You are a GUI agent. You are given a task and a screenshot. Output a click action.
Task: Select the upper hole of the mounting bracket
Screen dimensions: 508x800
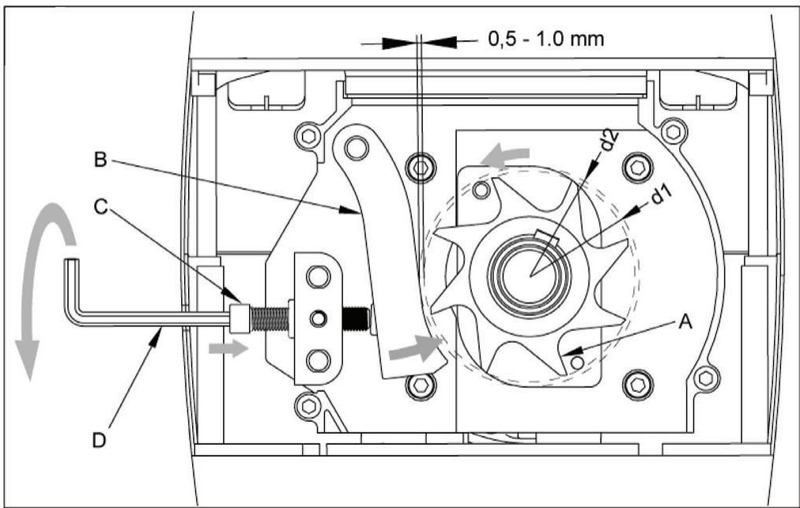(318, 277)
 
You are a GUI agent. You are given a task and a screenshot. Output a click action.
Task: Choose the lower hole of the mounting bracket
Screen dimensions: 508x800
(318, 360)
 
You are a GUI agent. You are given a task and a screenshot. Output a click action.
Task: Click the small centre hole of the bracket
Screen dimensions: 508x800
(318, 318)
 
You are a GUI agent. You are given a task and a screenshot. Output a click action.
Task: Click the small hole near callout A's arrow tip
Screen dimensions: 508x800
(579, 361)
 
